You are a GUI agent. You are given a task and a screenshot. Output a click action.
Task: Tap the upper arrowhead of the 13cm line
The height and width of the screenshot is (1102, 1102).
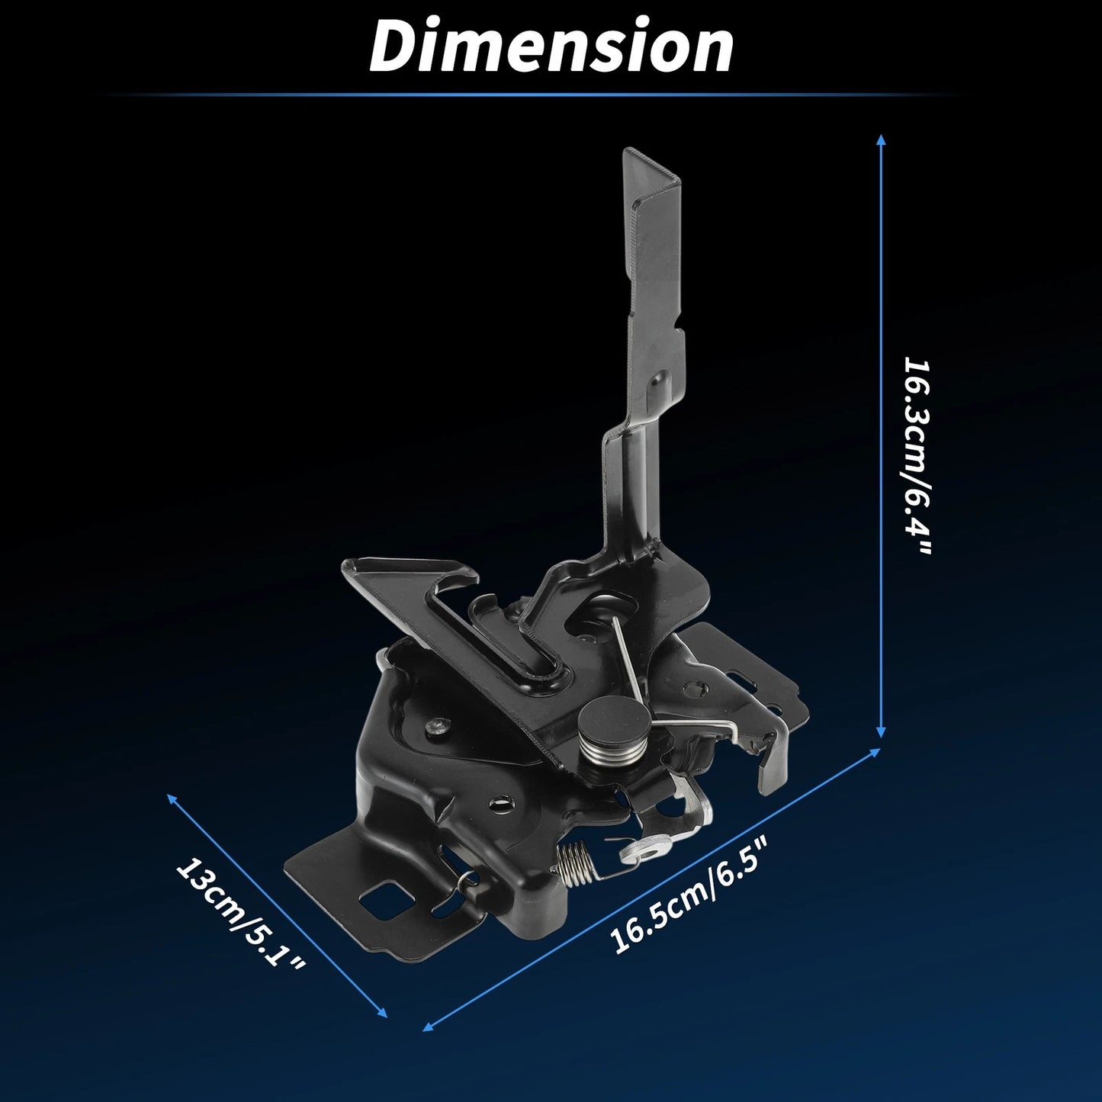[171, 799]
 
